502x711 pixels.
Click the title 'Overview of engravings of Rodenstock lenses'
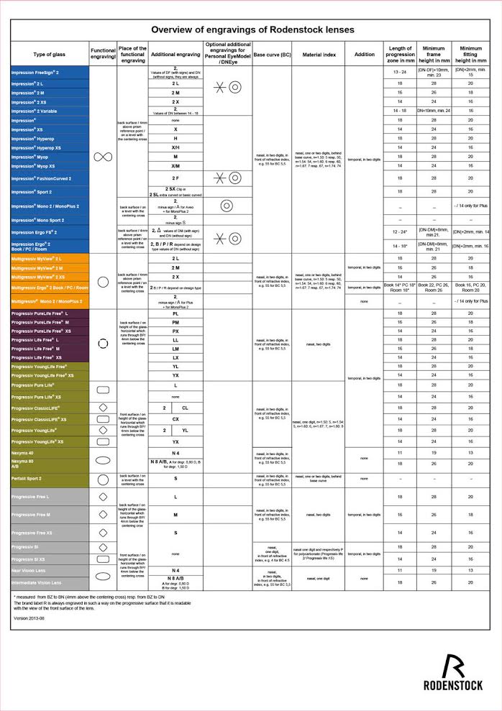(x=252, y=29)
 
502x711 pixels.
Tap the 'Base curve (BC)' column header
(x=272, y=55)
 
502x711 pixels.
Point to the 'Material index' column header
(x=318, y=55)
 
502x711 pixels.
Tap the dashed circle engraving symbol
(x=102, y=344)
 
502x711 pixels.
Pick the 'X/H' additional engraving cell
(x=175, y=147)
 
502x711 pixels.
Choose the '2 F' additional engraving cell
(x=175, y=178)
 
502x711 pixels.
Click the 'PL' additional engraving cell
(x=175, y=314)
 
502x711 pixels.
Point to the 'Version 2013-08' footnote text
(x=29, y=618)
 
